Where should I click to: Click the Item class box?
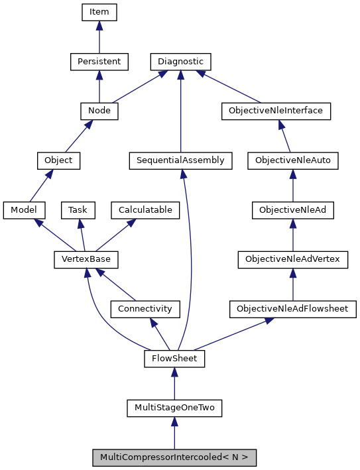(x=99, y=12)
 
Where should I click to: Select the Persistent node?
(x=99, y=62)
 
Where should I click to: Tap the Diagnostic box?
(x=180, y=62)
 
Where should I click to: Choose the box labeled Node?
(x=99, y=111)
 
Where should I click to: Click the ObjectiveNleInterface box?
(x=275, y=111)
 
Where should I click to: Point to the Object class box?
(x=58, y=160)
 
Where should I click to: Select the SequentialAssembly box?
(x=180, y=160)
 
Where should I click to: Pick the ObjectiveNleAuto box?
(x=293, y=160)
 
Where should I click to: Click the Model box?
(x=24, y=210)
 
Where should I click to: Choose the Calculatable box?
(x=145, y=210)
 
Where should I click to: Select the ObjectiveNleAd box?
(x=293, y=210)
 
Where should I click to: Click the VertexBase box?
(x=81, y=259)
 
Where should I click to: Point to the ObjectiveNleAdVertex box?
(x=293, y=259)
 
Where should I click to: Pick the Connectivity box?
(x=145, y=309)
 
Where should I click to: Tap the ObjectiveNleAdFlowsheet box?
(x=292, y=309)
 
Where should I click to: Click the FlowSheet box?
(x=174, y=359)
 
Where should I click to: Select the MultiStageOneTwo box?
(x=174, y=408)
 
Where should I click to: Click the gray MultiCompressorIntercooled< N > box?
(x=174, y=457)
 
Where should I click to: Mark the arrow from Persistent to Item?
(x=99, y=37)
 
